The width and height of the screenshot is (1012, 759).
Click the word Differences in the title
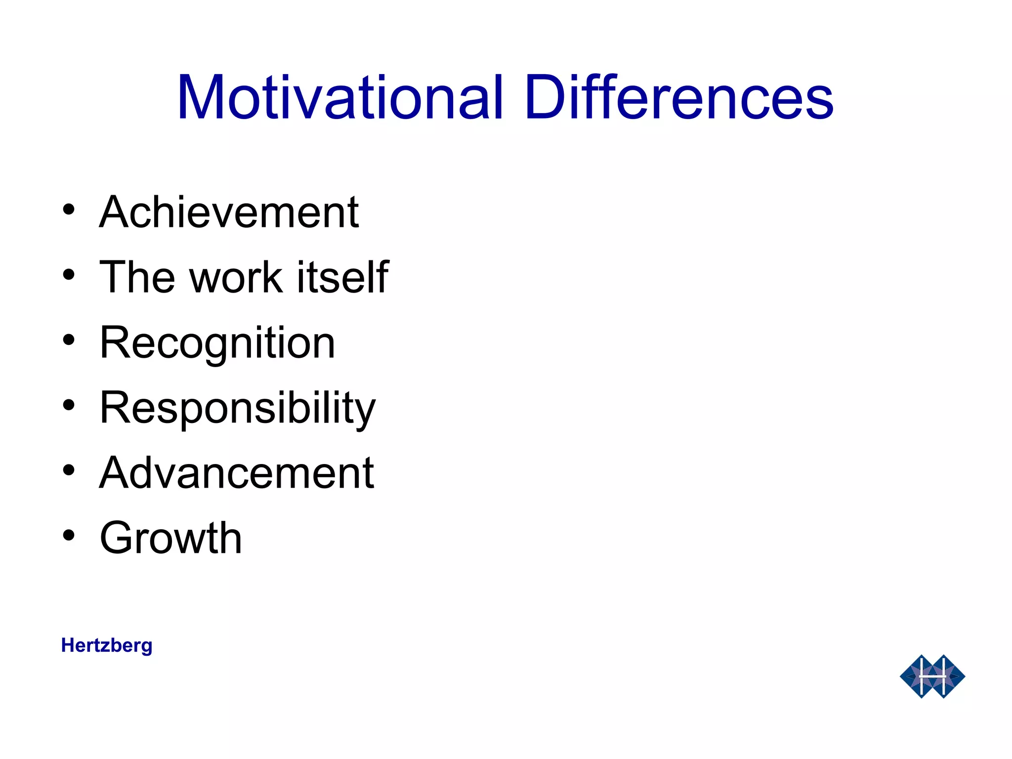[679, 97]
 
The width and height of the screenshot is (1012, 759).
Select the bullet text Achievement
[229, 212]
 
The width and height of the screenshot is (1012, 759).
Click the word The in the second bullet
[137, 277]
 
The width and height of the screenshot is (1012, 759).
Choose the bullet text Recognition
[217, 343]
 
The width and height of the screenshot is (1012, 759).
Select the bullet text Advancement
[237, 473]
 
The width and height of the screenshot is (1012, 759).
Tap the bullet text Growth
[170, 538]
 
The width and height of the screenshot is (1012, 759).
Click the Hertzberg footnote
[107, 646]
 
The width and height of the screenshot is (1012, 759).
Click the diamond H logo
[932, 676]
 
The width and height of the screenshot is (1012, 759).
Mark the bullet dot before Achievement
[69, 210]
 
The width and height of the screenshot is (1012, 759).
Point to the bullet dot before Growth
[69, 535]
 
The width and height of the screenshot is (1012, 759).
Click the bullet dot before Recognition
[69, 340]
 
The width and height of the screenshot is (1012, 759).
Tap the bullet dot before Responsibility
[69, 405]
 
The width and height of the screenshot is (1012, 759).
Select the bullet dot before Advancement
[69, 470]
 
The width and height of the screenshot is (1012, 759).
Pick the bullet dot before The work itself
[69, 275]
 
